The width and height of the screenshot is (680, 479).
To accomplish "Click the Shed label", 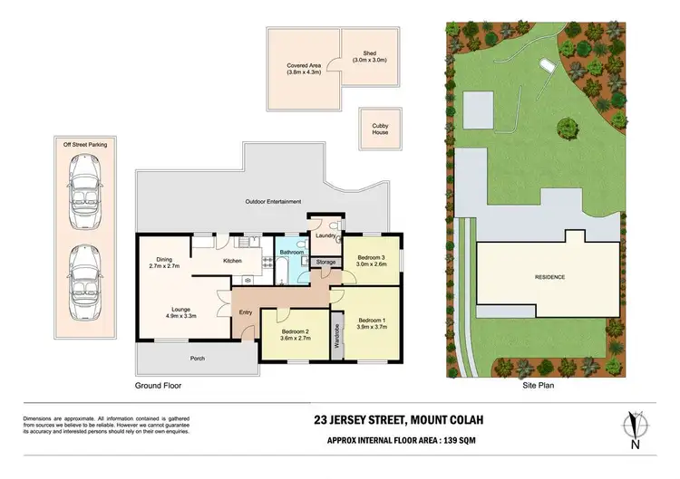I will click(369, 56).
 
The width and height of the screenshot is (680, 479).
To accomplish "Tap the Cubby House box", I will click(380, 128).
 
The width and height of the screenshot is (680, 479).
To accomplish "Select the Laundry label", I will click(325, 236).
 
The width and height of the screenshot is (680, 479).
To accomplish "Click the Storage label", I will click(325, 263).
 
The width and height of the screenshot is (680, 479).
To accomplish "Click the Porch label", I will click(198, 359).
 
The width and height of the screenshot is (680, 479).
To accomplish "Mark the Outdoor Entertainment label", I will click(273, 201).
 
